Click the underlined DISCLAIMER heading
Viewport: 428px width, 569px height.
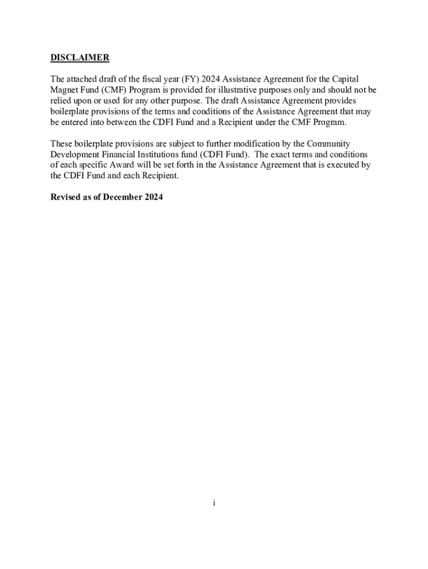coord(80,58)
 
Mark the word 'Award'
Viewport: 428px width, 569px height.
coord(122,165)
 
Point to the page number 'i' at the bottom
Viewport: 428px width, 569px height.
coord(213,503)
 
